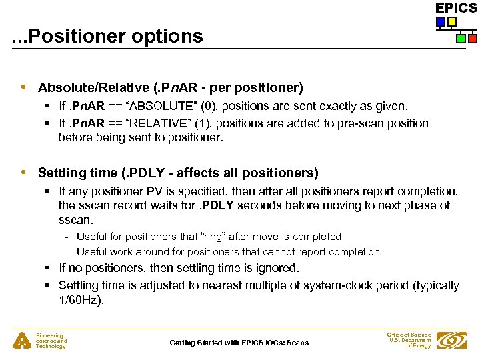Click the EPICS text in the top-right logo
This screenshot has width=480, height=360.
coord(456,8)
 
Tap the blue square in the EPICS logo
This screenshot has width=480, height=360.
coord(441,22)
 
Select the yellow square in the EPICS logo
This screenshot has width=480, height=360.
coord(452,22)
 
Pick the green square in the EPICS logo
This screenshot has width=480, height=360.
coord(461,39)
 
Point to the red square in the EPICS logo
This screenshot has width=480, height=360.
coord(472,39)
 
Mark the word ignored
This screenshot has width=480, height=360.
coord(277,268)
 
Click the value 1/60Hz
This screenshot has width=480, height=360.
coord(81,301)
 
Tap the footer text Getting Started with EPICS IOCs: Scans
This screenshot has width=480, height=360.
coord(239,343)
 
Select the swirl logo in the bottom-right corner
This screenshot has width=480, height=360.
coord(453,341)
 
